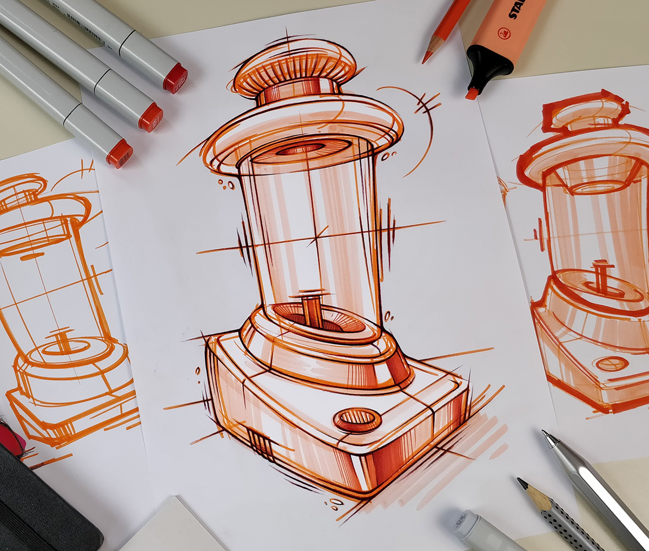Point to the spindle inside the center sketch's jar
click(310, 311)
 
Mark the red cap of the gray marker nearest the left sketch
click(120, 153)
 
